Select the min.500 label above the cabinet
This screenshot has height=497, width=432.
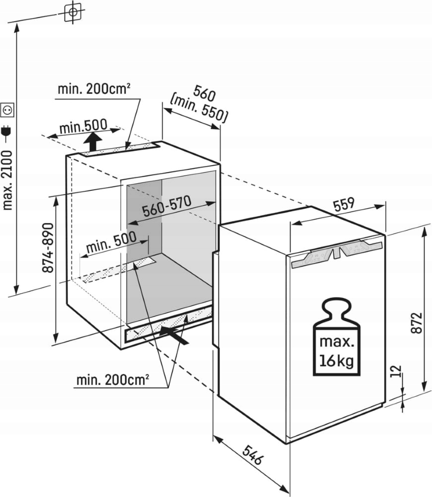[83, 127]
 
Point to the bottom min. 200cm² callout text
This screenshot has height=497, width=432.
[113, 381]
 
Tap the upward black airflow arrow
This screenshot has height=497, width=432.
[92, 142]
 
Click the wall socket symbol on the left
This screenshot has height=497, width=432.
[7, 108]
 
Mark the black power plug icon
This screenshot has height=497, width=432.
[7, 132]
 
